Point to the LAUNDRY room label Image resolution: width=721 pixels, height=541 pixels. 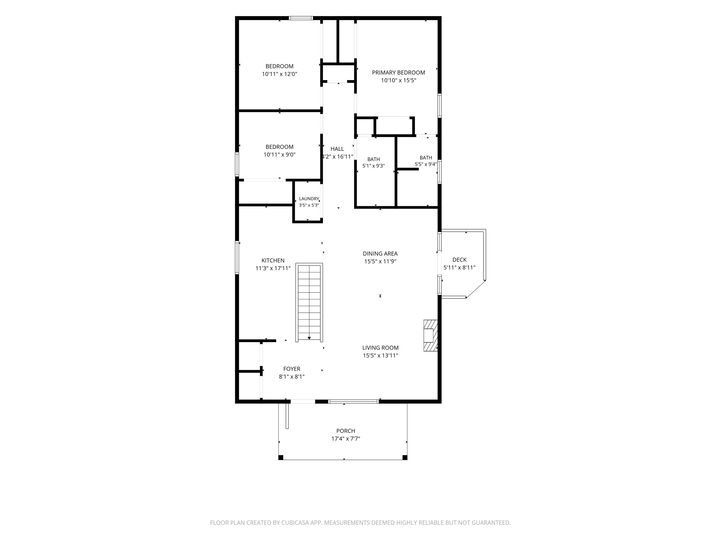click(309, 199)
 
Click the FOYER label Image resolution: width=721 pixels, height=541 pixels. click(292, 369)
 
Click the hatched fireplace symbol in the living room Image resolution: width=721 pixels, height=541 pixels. click(430, 336)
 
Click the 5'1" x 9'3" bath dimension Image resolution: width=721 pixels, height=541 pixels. click(374, 166)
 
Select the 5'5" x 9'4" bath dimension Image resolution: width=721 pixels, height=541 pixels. click(426, 164)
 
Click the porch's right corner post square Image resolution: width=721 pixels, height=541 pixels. click(405, 457)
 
